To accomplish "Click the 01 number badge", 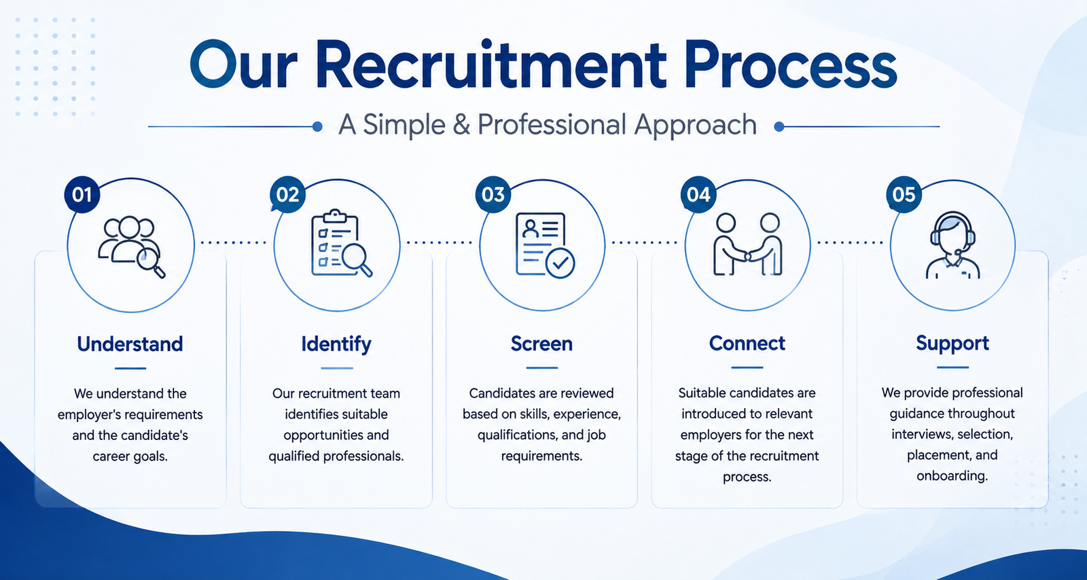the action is pyautogui.click(x=82, y=194).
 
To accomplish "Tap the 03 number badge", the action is pyautogui.click(x=493, y=194).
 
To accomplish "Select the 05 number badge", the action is pyautogui.click(x=904, y=194).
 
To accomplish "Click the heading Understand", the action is pyautogui.click(x=130, y=344).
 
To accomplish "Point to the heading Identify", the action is pyautogui.click(x=336, y=344).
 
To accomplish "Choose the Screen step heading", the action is pyautogui.click(x=541, y=344).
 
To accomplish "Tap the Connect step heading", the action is pyautogui.click(x=747, y=344).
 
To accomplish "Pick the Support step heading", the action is pyautogui.click(x=952, y=344).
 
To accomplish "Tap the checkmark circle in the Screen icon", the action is pyautogui.click(x=560, y=264).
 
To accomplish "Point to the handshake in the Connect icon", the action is pyautogui.click(x=748, y=255).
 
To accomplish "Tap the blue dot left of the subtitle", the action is pyautogui.click(x=317, y=126).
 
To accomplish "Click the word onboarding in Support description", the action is pyautogui.click(x=952, y=475).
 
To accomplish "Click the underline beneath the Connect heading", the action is pyautogui.click(x=747, y=367).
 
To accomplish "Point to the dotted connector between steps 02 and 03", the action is pyautogui.click(x=439, y=242).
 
